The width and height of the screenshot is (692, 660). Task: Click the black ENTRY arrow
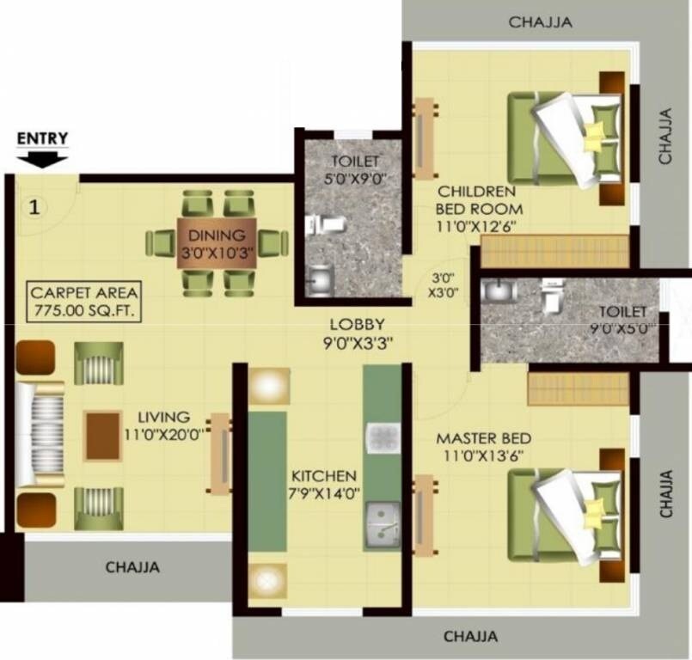click(x=42, y=158)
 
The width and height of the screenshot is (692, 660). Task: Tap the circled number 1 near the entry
click(x=34, y=207)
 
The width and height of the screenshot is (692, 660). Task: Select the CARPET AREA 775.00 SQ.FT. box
click(x=83, y=301)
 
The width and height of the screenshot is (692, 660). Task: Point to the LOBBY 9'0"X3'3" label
click(x=352, y=333)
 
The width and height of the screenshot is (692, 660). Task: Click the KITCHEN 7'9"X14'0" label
click(x=323, y=484)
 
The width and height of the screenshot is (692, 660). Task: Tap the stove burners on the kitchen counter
click(x=382, y=437)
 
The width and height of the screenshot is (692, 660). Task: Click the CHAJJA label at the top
click(x=540, y=22)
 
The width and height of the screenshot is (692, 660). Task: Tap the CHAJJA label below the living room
click(x=132, y=567)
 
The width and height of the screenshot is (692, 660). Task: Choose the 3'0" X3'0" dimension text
click(x=443, y=284)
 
